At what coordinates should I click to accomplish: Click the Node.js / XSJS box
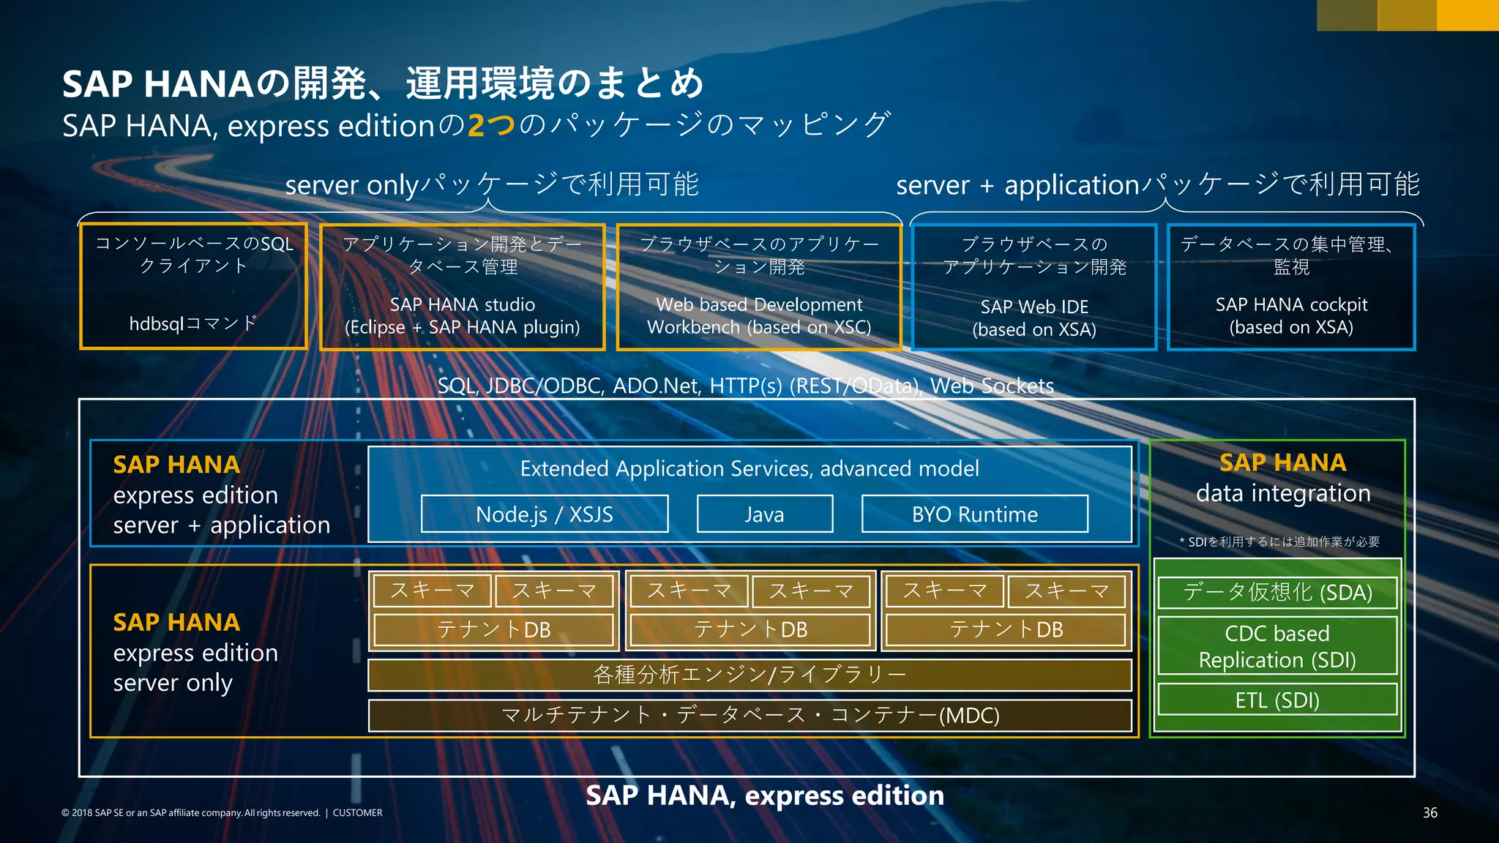click(x=545, y=514)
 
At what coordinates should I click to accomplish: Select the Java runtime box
click(x=764, y=514)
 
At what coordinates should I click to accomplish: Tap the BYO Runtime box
click(x=974, y=514)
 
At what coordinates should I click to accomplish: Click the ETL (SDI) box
click(x=1277, y=700)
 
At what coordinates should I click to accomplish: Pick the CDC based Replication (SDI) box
click(x=1277, y=646)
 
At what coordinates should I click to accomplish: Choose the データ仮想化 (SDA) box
click(x=1277, y=592)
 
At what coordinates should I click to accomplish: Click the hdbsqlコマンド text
click(x=193, y=323)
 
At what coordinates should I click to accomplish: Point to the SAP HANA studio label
click(x=463, y=304)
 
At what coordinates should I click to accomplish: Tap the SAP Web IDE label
click(x=1034, y=307)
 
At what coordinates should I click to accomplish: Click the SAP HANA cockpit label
click(x=1291, y=304)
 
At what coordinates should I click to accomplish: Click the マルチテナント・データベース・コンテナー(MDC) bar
click(x=749, y=715)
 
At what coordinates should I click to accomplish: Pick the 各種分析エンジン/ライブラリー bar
click(x=749, y=675)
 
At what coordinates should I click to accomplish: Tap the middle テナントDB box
click(x=750, y=629)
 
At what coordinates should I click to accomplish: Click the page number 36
click(x=1429, y=812)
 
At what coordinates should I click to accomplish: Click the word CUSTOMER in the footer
click(x=357, y=812)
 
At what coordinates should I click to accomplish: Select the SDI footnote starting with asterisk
click(x=1279, y=542)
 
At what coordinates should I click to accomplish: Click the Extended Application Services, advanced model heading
click(x=749, y=468)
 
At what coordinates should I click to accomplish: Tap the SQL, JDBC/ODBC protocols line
click(x=745, y=386)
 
